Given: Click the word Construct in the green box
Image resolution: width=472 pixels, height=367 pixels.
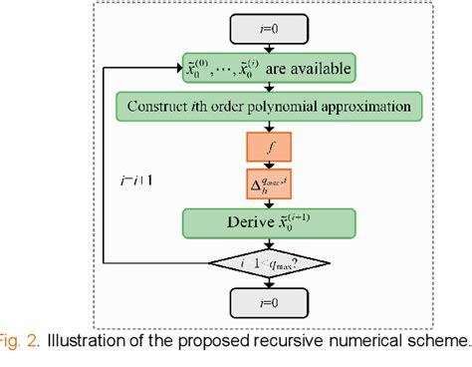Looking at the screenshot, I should pyautogui.click(x=163, y=105).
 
